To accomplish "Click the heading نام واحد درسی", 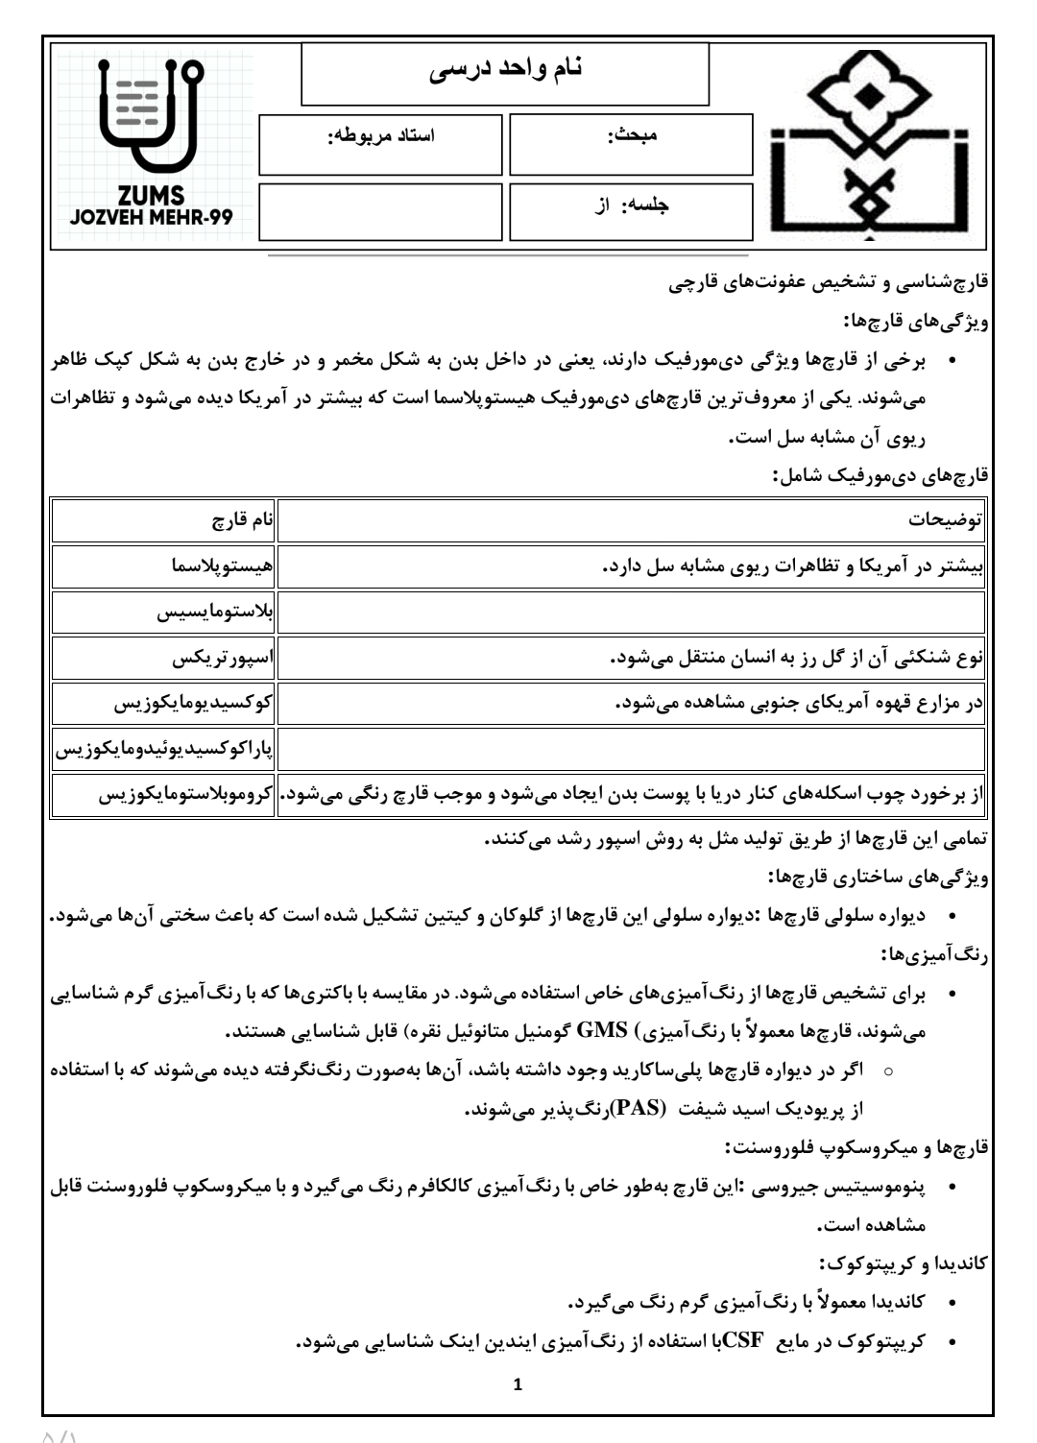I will click(x=505, y=71).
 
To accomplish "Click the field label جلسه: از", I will click(x=632, y=205).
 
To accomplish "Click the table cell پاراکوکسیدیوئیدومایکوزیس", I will click(x=164, y=749).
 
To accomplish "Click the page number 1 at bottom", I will click(x=518, y=1385).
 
